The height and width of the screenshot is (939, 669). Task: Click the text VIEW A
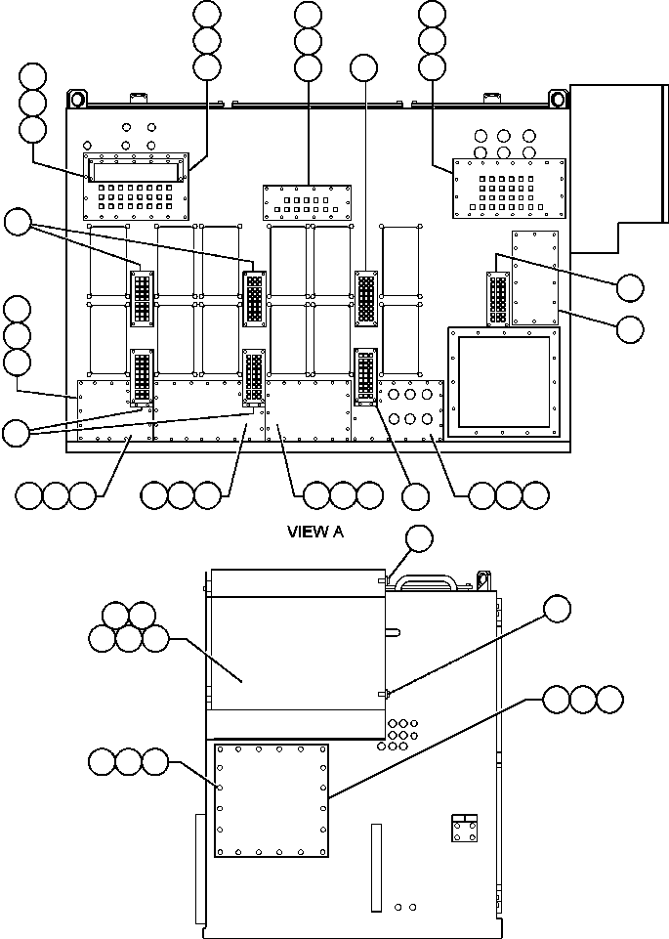click(315, 533)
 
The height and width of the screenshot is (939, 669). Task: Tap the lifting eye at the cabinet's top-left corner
click(76, 99)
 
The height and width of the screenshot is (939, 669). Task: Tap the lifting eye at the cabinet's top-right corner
click(558, 99)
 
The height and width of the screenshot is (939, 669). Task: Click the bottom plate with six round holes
click(411, 408)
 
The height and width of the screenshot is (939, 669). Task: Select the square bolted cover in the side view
click(272, 800)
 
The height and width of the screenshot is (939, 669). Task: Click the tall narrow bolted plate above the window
click(534, 277)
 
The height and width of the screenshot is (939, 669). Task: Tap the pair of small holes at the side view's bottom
click(405, 907)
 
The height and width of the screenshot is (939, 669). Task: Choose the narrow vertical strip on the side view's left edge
click(199, 870)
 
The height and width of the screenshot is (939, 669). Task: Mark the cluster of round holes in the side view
click(400, 735)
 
